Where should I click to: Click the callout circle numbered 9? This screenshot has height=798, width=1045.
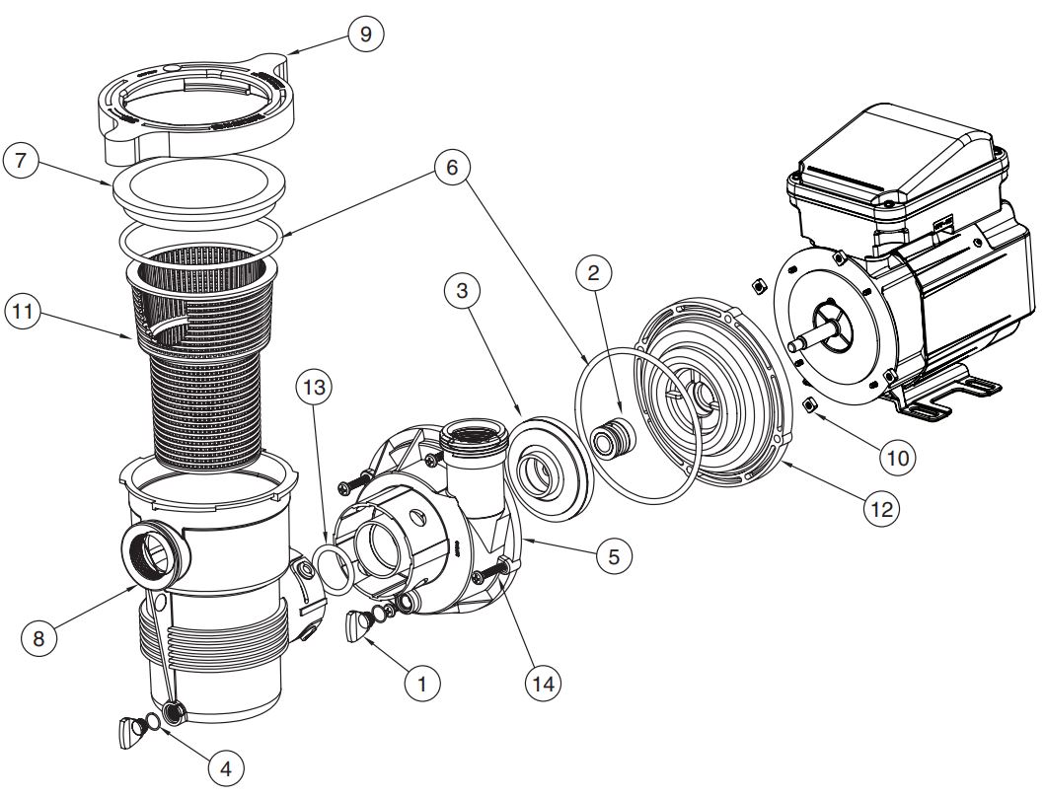click(x=366, y=34)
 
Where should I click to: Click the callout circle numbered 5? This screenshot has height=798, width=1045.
click(x=612, y=556)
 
